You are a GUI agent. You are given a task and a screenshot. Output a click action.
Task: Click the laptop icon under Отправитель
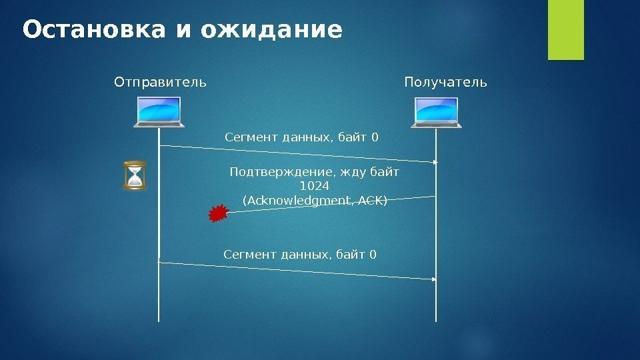pos(159,111)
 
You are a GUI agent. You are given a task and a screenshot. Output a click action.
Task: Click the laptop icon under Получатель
pos(436,111)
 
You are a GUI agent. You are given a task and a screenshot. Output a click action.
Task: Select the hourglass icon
pos(135,175)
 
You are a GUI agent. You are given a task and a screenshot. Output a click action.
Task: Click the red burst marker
pos(218,213)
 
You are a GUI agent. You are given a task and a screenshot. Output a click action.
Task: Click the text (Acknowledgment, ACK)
pos(315,200)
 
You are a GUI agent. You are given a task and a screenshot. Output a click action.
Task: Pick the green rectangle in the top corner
pos(565,30)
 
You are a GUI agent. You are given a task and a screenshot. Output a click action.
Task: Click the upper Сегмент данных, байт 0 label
pos(301,138)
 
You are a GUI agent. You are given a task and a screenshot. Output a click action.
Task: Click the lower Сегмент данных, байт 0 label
pos(299,254)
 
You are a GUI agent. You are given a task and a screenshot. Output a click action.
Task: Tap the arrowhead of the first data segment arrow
pos(435,162)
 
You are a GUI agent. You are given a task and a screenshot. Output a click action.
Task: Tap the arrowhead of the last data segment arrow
pos(435,279)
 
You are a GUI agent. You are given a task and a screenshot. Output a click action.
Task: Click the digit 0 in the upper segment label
pos(375,138)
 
